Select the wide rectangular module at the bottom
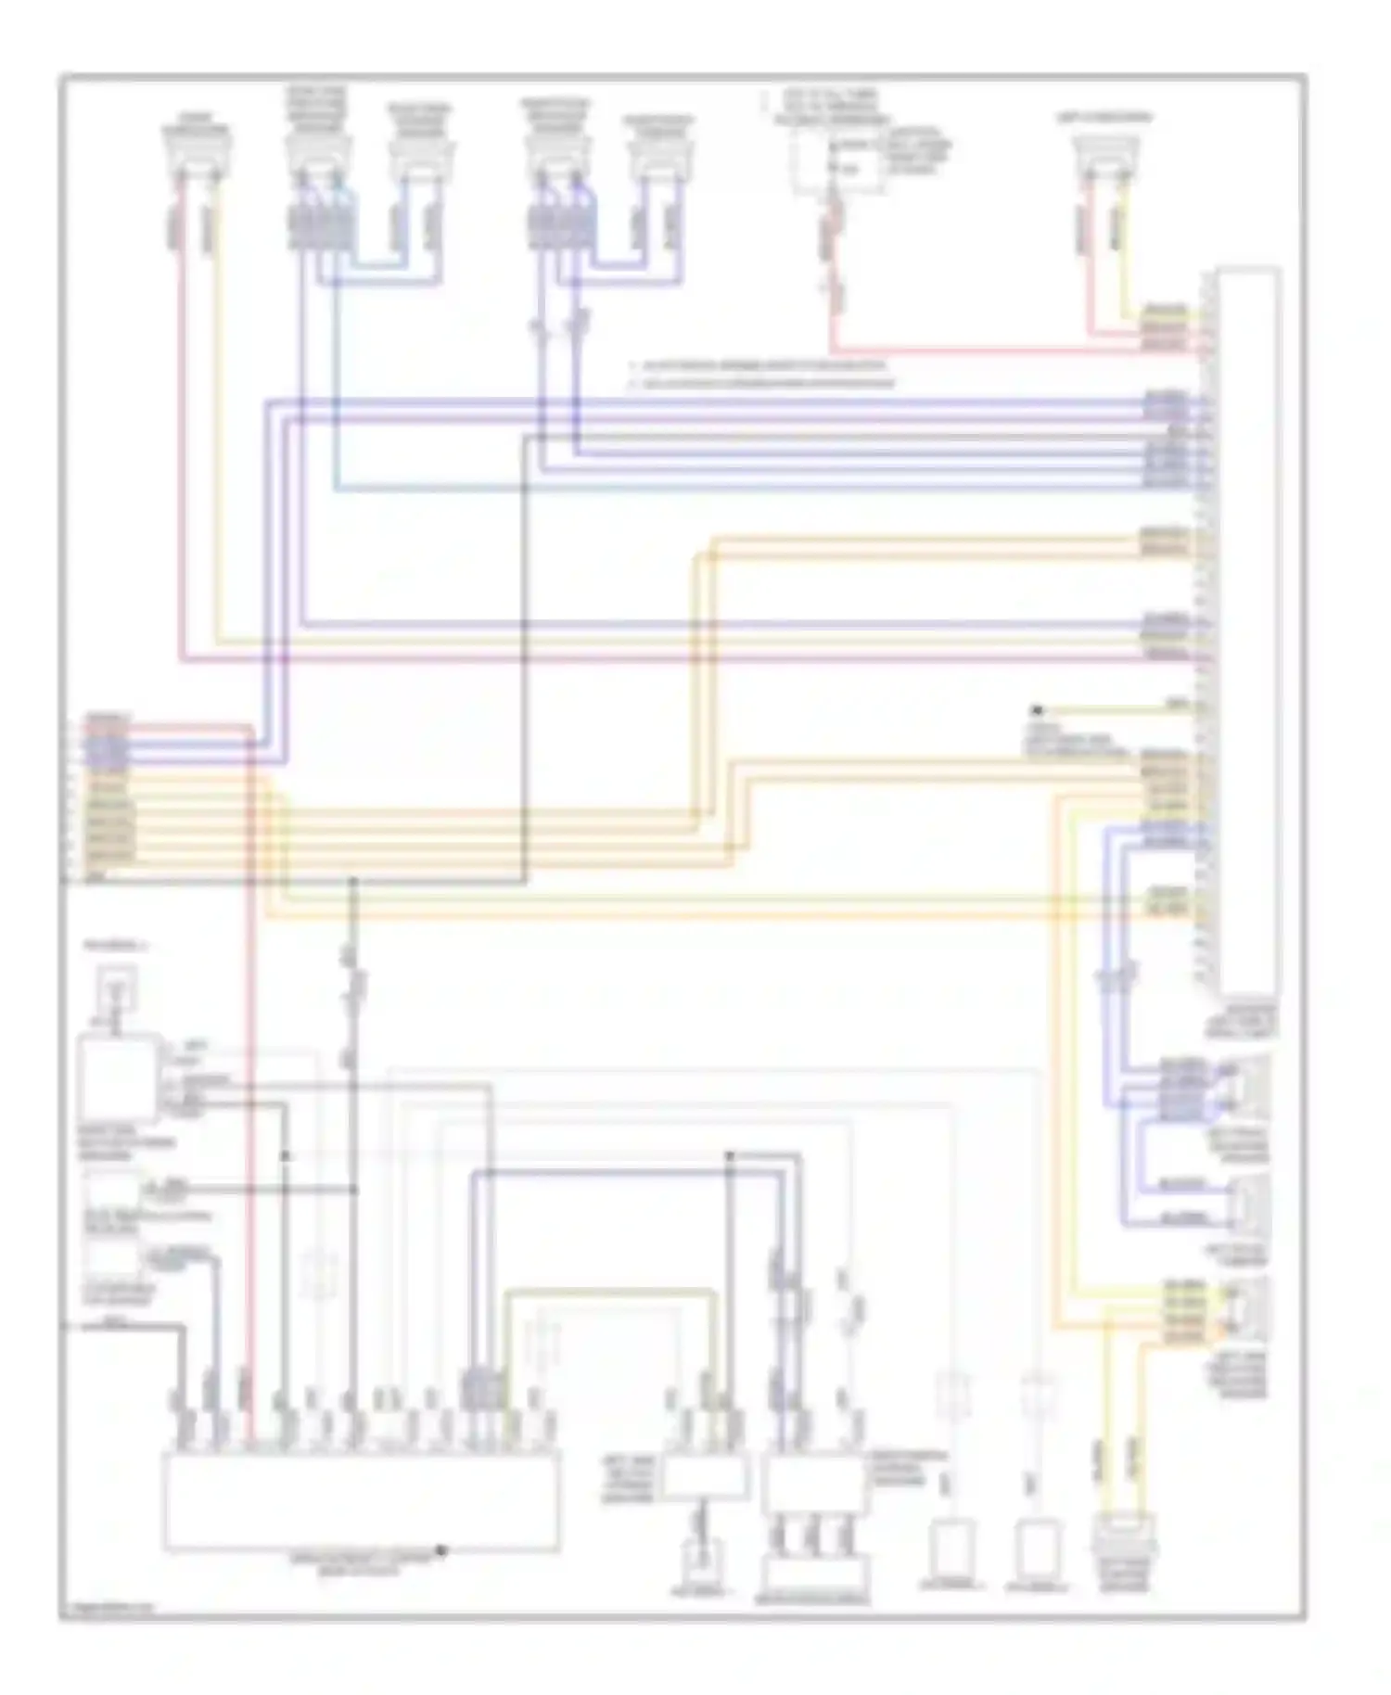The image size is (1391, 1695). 362,1501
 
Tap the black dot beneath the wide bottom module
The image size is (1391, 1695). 442,1549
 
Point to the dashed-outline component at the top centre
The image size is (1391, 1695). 837,166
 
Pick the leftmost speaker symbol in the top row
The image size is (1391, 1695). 197,156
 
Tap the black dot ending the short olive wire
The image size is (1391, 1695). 1038,710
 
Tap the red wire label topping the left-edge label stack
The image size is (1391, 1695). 108,720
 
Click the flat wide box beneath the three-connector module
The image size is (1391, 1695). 814,1574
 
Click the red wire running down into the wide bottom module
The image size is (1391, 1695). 250,1113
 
